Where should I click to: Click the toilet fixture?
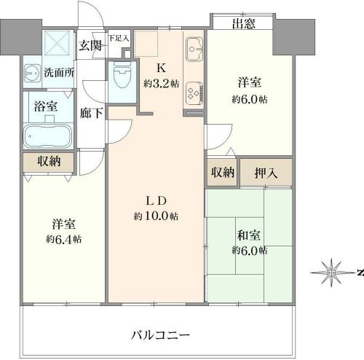tap(122, 74)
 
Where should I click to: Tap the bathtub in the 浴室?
tap(48, 136)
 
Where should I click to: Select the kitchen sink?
tap(194, 50)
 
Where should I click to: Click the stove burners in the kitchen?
tap(194, 93)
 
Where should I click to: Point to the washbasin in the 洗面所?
tap(32, 73)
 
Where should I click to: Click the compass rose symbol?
tap(331, 273)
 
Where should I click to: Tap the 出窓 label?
tap(244, 24)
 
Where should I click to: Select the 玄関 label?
tap(90, 45)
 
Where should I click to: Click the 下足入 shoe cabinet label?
tap(119, 38)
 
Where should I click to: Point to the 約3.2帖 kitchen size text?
tap(162, 84)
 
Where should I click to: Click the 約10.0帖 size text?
tap(156, 216)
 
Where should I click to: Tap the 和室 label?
tap(249, 235)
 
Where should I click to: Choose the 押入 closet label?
tap(266, 173)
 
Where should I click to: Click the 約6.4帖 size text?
tap(64, 240)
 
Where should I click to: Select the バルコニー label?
tap(160, 335)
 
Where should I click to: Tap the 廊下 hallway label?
tap(91, 113)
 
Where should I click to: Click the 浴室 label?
tap(46, 106)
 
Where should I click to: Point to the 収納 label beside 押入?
tap(223, 172)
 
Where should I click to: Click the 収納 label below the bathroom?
tap(49, 161)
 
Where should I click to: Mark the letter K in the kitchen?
tap(162, 69)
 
